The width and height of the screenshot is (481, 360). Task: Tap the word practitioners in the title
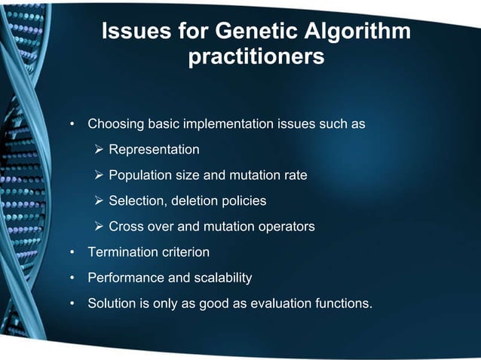[256, 57]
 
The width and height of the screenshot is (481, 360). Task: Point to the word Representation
[154, 150]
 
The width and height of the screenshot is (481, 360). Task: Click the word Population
[139, 175]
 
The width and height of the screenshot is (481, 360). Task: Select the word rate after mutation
[294, 175]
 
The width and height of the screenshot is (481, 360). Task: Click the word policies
[244, 201]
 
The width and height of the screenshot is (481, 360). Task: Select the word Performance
[124, 278]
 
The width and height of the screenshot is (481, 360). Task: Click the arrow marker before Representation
[99, 150]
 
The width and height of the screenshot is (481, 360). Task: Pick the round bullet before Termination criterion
[72, 252]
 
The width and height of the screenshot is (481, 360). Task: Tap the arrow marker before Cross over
[99, 227]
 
